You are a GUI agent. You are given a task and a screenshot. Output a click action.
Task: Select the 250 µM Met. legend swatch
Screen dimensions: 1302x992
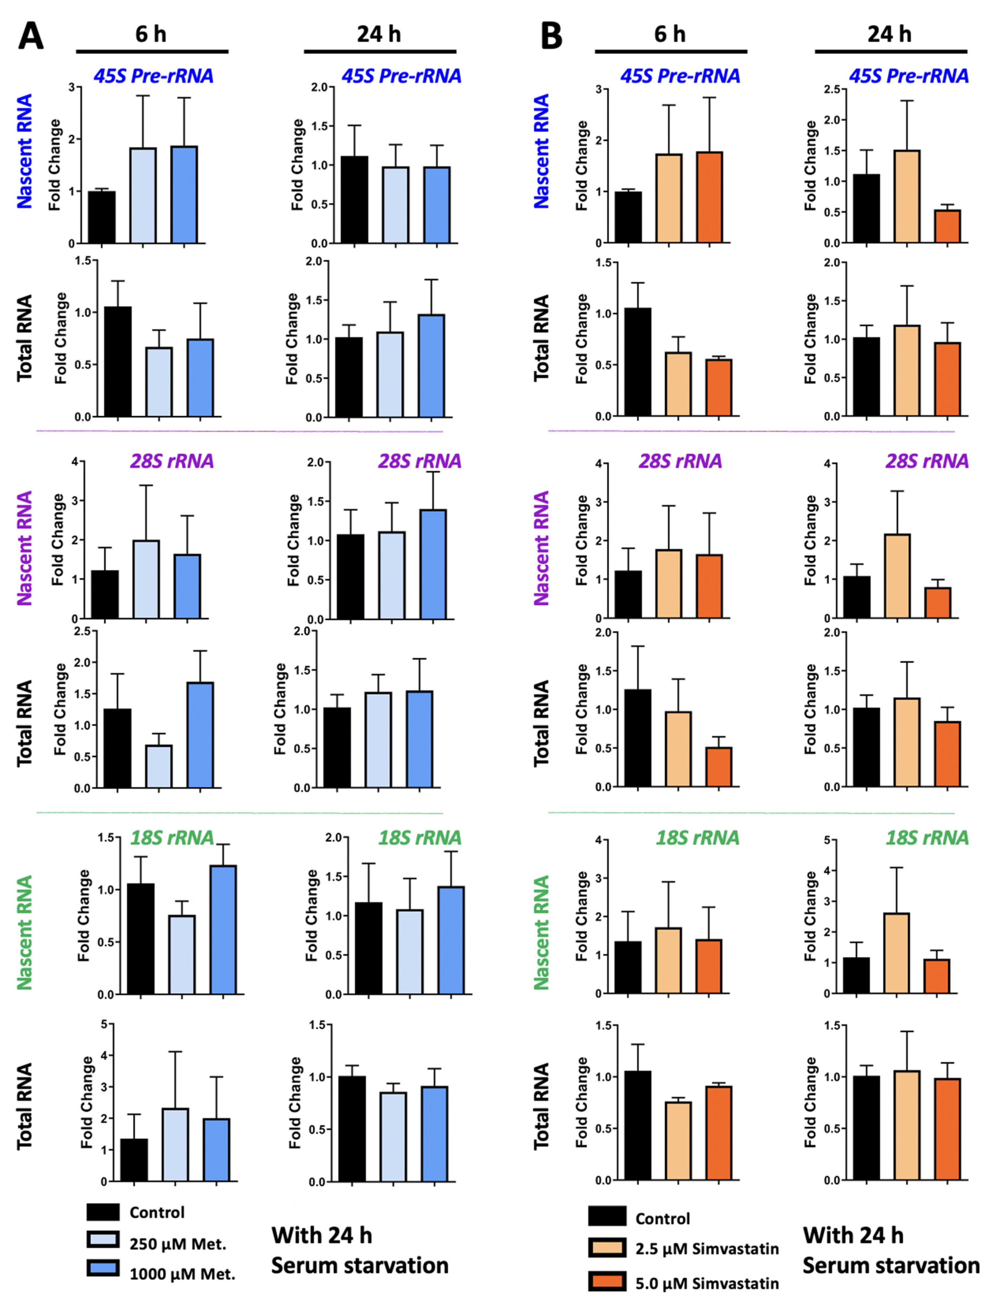pyautogui.click(x=103, y=1239)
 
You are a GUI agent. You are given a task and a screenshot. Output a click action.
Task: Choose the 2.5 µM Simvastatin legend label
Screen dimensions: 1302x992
pyautogui.click(x=707, y=1249)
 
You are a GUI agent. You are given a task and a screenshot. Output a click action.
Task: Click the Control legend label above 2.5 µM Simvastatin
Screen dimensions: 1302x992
pyautogui.click(x=662, y=1219)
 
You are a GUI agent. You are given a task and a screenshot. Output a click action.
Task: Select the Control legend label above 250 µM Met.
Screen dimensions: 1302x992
pyautogui.click(x=157, y=1212)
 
